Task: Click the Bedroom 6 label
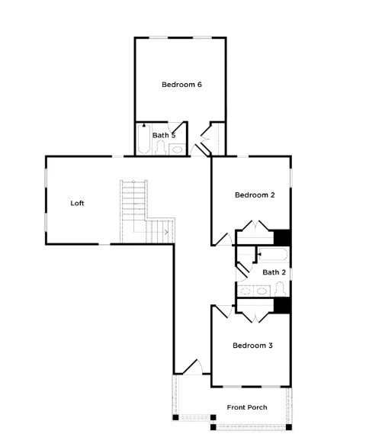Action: pyautogui.click(x=181, y=85)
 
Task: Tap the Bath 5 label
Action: pyautogui.click(x=164, y=135)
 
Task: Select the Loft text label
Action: pyautogui.click(x=77, y=203)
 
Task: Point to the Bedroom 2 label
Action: pyautogui.click(x=255, y=195)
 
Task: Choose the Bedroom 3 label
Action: pyautogui.click(x=252, y=346)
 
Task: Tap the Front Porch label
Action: pyautogui.click(x=247, y=407)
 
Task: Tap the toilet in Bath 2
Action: pyautogui.click(x=280, y=288)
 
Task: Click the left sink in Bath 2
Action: pyautogui.click(x=246, y=290)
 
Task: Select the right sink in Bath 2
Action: pyautogui.click(x=262, y=290)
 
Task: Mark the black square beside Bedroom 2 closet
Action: pyautogui.click(x=282, y=237)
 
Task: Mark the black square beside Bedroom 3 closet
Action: pyautogui.click(x=282, y=305)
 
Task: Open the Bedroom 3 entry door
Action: pyautogui.click(x=221, y=310)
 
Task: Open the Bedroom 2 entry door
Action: pyautogui.click(x=220, y=240)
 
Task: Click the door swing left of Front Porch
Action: pyautogui.click(x=191, y=367)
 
